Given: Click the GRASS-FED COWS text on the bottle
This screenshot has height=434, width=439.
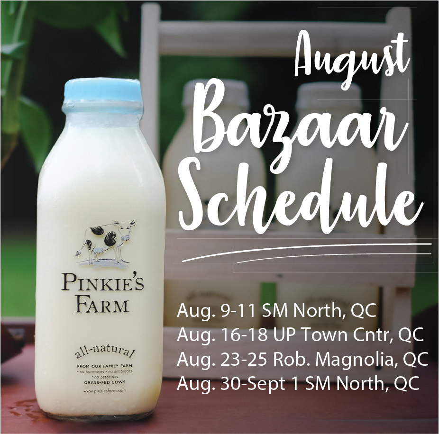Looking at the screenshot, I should click(101, 381).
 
